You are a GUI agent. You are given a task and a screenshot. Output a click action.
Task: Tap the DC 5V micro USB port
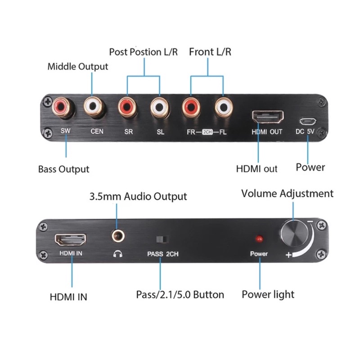(308, 121)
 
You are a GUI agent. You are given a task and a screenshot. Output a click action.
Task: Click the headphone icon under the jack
(118, 253)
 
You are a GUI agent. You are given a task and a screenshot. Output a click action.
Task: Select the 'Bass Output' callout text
(63, 170)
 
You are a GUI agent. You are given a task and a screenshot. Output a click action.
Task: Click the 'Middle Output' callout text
(78, 67)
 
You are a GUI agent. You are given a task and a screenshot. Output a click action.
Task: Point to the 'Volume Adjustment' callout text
(287, 193)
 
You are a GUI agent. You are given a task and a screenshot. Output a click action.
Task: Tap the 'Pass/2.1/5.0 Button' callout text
(180, 295)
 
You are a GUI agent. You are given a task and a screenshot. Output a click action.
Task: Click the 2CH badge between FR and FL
(207, 132)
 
